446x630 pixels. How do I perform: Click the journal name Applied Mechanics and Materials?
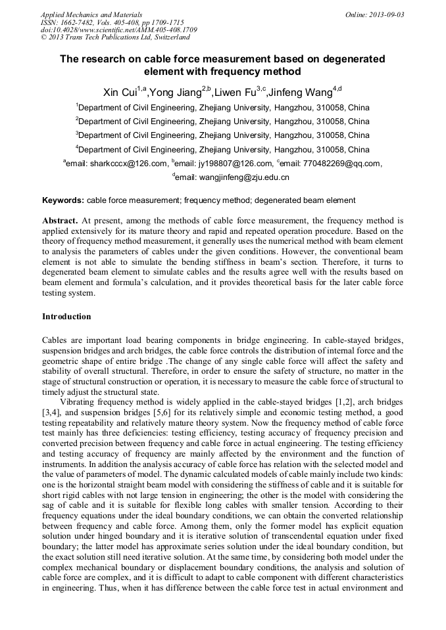click(91, 14)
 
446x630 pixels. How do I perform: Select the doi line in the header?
click(109, 30)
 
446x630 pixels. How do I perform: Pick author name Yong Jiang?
click(175, 91)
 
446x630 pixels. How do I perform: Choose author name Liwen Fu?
click(234, 91)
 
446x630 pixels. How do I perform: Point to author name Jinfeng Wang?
click(300, 91)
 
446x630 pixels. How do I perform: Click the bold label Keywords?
click(63, 200)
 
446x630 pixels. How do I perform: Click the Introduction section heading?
click(66, 317)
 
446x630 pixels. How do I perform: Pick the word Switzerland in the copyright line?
click(150, 37)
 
